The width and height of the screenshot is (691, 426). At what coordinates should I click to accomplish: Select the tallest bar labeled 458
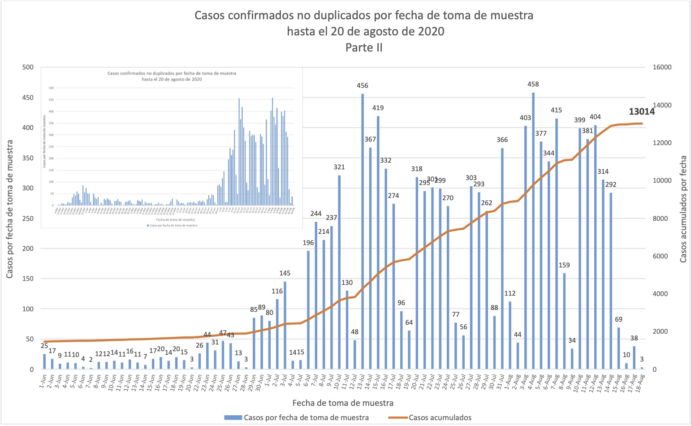tap(533, 231)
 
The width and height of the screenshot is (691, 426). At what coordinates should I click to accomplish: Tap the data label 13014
tap(642, 112)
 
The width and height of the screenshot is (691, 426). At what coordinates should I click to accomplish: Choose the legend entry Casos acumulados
tap(440, 417)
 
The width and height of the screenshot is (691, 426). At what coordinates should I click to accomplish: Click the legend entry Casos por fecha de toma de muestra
tap(306, 417)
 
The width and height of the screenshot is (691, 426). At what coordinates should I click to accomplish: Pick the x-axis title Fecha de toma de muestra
tap(343, 403)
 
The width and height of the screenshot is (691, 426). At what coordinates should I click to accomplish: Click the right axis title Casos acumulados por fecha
tap(683, 209)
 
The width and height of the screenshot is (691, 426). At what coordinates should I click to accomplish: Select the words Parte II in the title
tap(364, 47)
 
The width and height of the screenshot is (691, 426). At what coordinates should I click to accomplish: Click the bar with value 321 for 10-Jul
tap(339, 272)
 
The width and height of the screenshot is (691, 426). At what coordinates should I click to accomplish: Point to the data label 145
tap(285, 273)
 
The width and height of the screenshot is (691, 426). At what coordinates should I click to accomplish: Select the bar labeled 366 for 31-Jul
tap(502, 258)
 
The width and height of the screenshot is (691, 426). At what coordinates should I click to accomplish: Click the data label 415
tap(556, 110)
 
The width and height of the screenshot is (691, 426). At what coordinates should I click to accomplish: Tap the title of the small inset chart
tap(172, 76)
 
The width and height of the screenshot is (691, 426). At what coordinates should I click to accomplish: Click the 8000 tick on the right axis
tap(661, 219)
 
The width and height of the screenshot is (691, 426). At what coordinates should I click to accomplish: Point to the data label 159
tap(564, 265)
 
